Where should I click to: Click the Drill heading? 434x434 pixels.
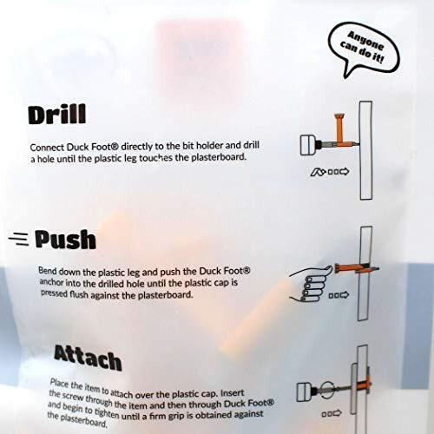click(57, 114)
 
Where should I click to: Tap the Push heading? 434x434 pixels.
click(65, 240)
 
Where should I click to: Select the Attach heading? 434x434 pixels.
click(88, 358)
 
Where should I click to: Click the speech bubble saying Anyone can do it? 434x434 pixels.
click(364, 46)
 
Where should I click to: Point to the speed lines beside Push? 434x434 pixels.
click(19, 239)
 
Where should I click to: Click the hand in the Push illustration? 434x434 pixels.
click(312, 284)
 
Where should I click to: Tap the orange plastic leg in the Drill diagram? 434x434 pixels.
click(339, 128)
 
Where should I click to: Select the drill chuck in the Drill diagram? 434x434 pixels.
click(308, 145)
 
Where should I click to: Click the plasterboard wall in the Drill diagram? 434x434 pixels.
click(365, 150)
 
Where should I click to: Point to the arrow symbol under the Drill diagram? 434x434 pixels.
click(330, 172)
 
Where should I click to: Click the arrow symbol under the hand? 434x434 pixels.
click(339, 295)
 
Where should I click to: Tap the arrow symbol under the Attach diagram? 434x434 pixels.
click(332, 414)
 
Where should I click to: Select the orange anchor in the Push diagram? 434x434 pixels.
click(357, 269)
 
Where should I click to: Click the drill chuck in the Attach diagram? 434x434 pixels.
click(305, 391)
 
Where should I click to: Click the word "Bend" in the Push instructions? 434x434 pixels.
click(48, 270)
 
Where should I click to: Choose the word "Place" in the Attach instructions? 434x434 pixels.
click(60, 384)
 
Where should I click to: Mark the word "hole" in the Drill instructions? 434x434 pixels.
click(46, 160)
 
